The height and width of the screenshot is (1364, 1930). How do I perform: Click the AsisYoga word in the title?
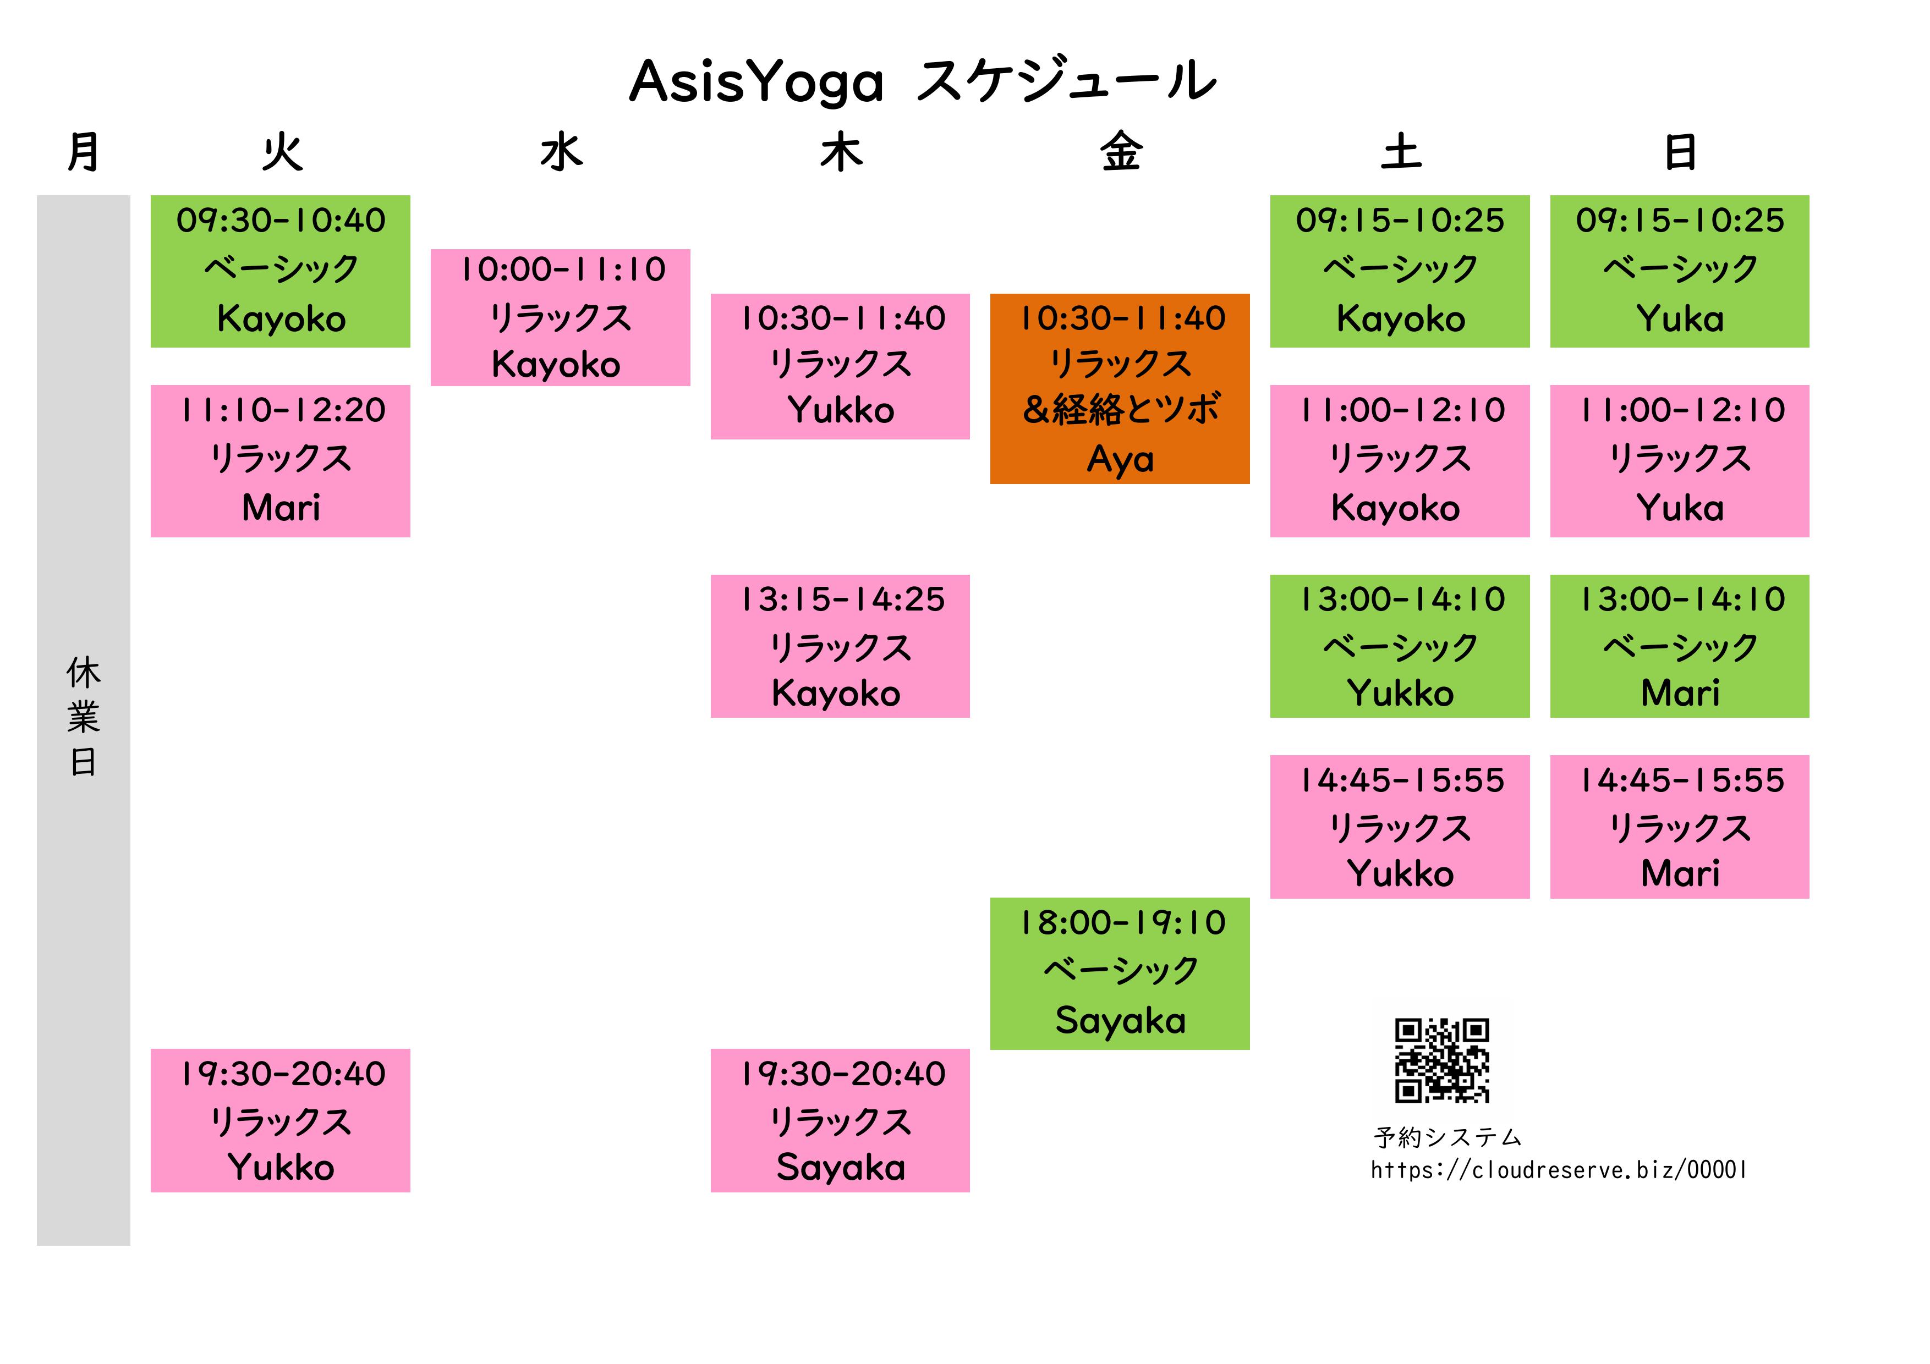(x=756, y=82)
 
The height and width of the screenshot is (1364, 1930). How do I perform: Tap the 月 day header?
(x=83, y=153)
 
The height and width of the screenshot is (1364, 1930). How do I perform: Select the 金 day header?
(x=1121, y=153)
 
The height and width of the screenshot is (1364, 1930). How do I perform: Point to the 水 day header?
(x=561, y=153)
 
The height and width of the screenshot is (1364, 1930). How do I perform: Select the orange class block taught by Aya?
(x=1120, y=388)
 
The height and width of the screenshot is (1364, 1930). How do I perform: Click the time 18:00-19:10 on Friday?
(x=1121, y=923)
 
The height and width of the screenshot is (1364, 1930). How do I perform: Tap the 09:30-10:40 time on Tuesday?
(x=281, y=220)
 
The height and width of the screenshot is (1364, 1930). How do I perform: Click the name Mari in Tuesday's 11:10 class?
(x=281, y=508)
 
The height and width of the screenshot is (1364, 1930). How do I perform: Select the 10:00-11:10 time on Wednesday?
(x=562, y=269)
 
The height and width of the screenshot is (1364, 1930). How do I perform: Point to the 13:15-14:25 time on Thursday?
(x=841, y=599)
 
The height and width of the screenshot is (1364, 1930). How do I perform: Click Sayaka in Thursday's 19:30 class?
(x=841, y=1167)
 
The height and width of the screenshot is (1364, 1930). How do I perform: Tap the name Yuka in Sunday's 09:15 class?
(x=1680, y=318)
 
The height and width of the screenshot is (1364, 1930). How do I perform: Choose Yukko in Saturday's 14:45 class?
(x=1400, y=873)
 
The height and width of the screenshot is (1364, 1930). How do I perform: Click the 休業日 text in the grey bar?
(x=83, y=717)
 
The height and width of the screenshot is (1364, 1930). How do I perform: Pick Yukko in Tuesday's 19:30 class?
(x=281, y=1167)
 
